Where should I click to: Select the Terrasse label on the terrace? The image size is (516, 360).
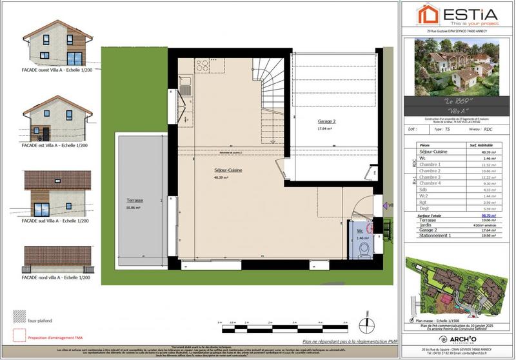pyautogui.click(x=135, y=201)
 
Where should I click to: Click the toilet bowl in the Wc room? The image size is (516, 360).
pyautogui.click(x=364, y=248)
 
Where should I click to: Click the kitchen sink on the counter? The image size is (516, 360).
pyautogui.click(x=186, y=89)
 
